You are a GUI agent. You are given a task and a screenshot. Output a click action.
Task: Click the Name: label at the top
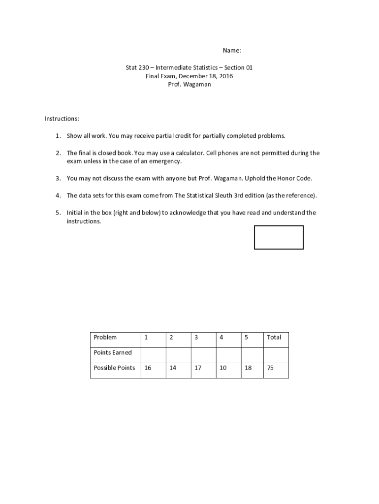232,51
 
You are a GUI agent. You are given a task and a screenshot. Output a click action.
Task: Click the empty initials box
279,237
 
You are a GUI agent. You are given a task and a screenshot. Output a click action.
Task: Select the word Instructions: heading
62,119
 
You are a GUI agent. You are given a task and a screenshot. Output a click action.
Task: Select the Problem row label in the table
105,337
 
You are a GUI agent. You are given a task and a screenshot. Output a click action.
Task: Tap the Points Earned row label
113,352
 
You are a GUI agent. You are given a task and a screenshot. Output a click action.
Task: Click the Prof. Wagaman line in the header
189,85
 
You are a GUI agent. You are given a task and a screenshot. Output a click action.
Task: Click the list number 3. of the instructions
58,178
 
